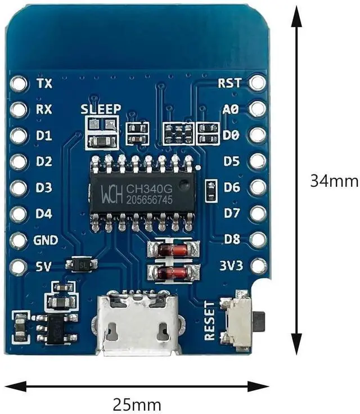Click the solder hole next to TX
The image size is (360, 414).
(x=19, y=84)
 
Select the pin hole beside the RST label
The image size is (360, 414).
(x=258, y=83)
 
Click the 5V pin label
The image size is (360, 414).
(x=44, y=266)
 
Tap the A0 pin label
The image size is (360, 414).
(x=231, y=109)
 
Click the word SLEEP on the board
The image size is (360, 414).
(x=100, y=109)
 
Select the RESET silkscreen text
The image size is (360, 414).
(x=210, y=320)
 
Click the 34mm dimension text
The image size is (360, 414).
(x=334, y=181)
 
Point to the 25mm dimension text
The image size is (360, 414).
(x=137, y=404)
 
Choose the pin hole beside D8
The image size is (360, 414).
(x=258, y=238)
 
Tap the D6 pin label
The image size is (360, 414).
(x=232, y=187)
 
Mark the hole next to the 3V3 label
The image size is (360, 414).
(x=258, y=265)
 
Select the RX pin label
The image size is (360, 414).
(x=44, y=109)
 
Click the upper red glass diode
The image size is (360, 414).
(x=173, y=249)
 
